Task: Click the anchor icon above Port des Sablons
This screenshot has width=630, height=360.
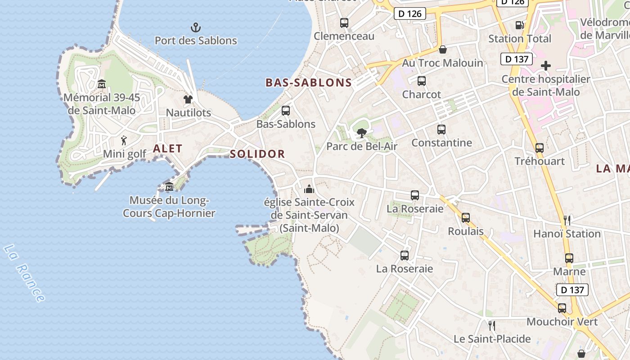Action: [x=196, y=27]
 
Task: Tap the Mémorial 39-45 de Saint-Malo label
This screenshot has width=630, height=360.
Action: [x=102, y=104]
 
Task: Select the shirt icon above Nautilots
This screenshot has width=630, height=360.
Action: [x=188, y=99]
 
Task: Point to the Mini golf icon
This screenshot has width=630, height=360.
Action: [x=124, y=140]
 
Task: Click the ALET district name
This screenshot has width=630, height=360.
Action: [x=168, y=148]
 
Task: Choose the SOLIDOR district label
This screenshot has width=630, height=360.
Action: [x=257, y=154]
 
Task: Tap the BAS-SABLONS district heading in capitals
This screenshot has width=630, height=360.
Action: [x=309, y=82]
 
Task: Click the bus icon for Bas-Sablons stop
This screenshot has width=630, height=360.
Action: [x=285, y=111]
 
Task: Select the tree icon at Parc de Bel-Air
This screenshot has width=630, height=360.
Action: [x=361, y=133]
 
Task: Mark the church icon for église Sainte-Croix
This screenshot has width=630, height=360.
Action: [x=309, y=189]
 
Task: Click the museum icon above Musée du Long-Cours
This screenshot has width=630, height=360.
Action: [x=169, y=187]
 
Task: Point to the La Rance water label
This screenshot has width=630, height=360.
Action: [x=24, y=273]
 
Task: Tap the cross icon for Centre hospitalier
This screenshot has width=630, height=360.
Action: [x=546, y=66]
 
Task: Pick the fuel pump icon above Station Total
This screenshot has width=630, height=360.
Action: [x=519, y=26]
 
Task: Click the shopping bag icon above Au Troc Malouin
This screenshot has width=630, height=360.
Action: [x=443, y=49]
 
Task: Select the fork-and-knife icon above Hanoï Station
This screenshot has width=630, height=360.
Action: [x=567, y=220]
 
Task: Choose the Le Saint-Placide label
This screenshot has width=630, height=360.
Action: [x=492, y=339]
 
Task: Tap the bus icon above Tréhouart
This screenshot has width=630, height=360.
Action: [x=539, y=148]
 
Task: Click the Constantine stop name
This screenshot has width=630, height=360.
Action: [x=441, y=143]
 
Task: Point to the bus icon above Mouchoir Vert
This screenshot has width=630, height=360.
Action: [x=562, y=308]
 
